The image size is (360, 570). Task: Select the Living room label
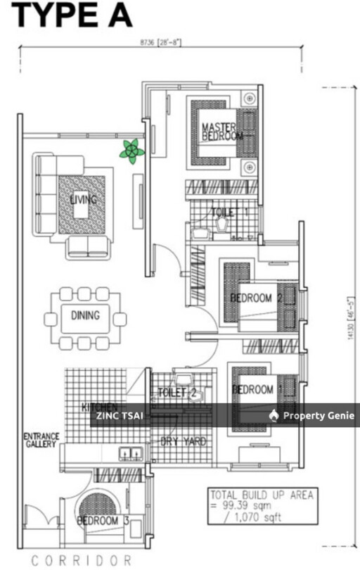(x=83, y=200)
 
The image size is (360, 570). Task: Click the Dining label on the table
(x=85, y=316)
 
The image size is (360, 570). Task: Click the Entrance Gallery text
(x=41, y=441)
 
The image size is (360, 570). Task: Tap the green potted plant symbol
(x=131, y=151)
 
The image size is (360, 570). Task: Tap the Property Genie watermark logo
(x=314, y=416)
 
